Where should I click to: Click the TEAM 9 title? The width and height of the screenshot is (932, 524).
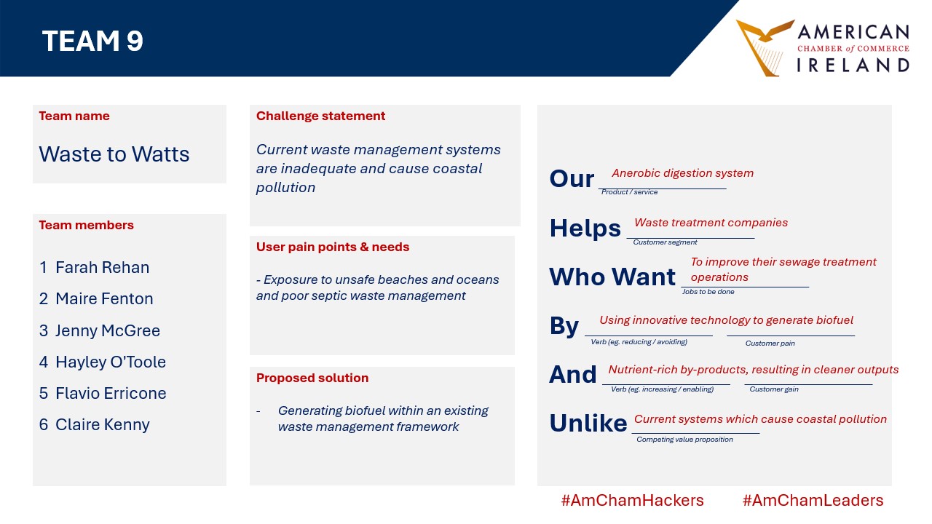92,41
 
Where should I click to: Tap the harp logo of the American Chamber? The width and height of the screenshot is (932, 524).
765,48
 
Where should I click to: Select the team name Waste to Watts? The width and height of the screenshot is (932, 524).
114,154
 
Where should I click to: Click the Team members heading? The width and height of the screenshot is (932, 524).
86,225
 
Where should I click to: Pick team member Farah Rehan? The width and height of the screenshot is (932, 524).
103,267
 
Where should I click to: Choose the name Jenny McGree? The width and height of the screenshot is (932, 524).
108,330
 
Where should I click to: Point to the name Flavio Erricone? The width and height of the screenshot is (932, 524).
111,393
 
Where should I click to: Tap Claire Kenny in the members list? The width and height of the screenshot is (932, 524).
103,424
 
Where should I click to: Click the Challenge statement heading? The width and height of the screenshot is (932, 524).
320,116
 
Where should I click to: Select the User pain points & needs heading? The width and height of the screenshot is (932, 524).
333,247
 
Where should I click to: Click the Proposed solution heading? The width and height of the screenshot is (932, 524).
312,378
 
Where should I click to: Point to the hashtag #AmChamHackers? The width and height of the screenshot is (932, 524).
632,500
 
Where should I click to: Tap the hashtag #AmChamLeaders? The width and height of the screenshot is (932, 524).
813,500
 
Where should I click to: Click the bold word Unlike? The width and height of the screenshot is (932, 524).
588,423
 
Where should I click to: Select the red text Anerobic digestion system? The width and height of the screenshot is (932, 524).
682,173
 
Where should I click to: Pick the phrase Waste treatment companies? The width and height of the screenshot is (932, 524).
711,223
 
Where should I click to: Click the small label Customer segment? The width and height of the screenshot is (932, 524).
665,242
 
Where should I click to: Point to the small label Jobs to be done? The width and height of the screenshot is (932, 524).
708,292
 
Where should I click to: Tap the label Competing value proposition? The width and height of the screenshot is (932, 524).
684,439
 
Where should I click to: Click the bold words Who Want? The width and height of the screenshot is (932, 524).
612,277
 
